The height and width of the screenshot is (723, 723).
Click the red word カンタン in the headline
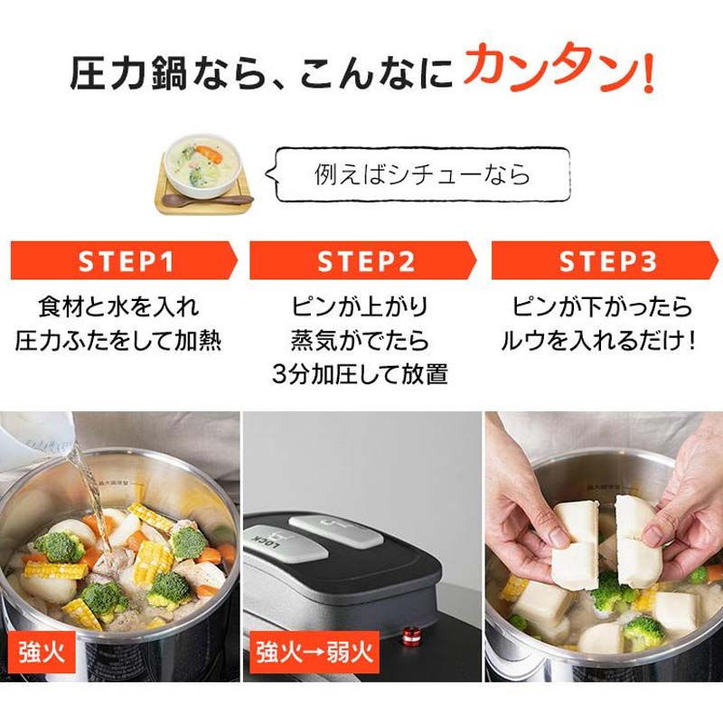coord(551,69)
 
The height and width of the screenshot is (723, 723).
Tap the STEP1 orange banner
coord(124,260)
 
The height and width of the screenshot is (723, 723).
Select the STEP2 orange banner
coord(363,260)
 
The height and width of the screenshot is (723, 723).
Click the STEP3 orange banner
coord(605,260)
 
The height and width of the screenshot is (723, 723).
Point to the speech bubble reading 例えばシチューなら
coord(418,174)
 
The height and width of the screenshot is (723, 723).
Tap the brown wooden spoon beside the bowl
coord(207,200)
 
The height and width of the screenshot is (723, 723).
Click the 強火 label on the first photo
coord(42,653)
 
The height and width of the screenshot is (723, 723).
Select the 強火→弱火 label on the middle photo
coord(314,653)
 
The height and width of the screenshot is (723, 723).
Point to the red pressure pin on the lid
coord(409,636)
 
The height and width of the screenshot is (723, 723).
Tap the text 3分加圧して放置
coord(360,373)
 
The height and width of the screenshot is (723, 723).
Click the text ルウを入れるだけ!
coord(597,341)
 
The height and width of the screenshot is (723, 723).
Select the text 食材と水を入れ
coord(118,306)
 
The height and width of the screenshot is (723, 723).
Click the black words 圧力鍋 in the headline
coord(128,71)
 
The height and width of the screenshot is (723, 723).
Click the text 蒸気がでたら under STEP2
coord(360,341)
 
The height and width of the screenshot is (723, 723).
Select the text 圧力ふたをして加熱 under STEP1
coord(118,341)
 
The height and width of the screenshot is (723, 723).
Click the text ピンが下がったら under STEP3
coord(603,306)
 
